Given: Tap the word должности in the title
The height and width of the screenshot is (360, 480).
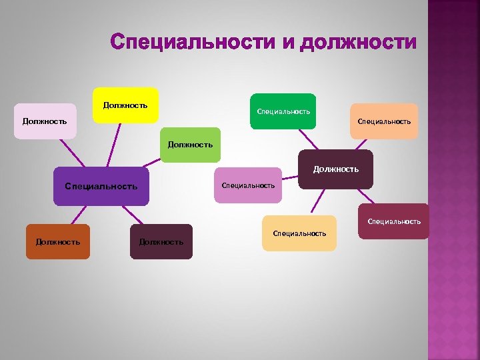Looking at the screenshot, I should (x=359, y=42).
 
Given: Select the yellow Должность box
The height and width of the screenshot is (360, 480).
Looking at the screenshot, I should (x=125, y=105).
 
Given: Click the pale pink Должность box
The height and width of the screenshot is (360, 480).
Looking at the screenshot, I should (x=45, y=121).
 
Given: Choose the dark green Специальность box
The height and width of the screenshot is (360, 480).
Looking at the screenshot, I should (x=283, y=111).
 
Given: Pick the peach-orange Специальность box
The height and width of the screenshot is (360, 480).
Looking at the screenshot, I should (x=384, y=121).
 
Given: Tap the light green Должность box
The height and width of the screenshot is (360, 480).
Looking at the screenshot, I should (x=190, y=145).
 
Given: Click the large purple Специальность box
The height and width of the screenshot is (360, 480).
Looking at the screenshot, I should (x=101, y=186).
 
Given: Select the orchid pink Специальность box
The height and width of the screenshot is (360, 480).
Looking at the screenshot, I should (x=248, y=185).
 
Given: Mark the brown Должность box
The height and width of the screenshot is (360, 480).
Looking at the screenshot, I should (x=58, y=242).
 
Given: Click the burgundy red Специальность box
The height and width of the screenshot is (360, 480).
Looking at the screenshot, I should (x=394, y=221).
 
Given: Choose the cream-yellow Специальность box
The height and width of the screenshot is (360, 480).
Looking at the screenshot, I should (x=299, y=233).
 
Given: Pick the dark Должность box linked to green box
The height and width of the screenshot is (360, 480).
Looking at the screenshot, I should (x=336, y=169).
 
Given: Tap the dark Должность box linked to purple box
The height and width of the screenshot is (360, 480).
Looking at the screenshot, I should (x=161, y=242).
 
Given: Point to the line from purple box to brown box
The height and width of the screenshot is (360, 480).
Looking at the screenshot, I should (x=79, y=215).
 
